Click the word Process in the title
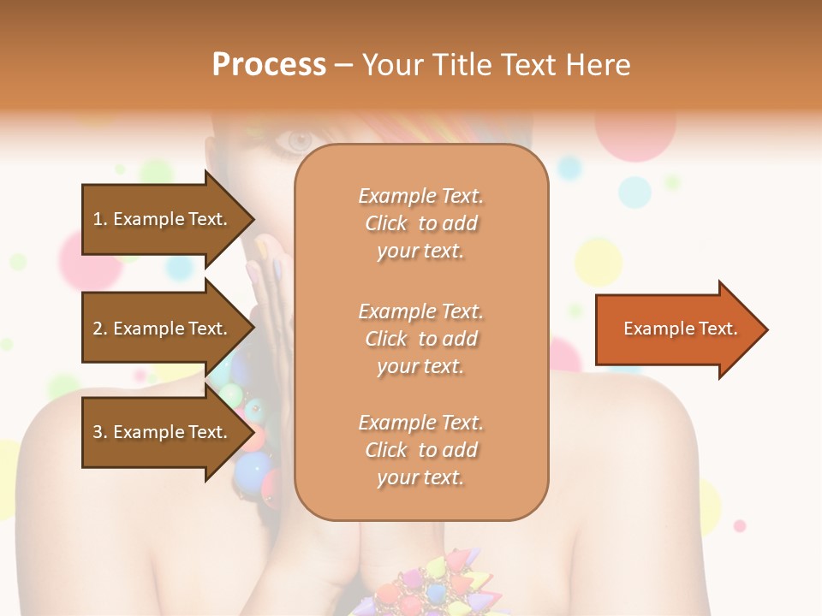269,65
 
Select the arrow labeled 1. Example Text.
163,219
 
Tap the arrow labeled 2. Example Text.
163,329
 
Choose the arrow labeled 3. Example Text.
163,432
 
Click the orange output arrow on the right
676,329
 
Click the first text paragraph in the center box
420,223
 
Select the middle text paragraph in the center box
420,339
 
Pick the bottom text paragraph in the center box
420,450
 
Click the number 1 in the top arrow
98,219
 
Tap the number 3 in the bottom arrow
98,432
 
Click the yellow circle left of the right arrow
598,262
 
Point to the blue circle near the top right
634,192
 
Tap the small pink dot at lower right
740,525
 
